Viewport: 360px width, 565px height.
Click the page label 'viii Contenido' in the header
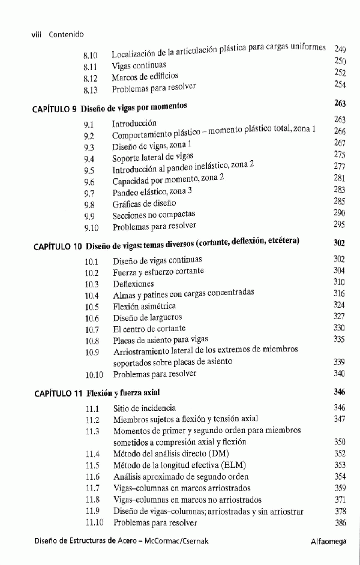pos(57,35)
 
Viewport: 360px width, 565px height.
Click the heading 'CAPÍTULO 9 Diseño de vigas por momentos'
pos(109,109)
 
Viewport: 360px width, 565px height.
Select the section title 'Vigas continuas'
pos(139,66)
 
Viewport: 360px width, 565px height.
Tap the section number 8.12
pos(90,78)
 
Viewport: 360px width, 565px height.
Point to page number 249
pos(340,49)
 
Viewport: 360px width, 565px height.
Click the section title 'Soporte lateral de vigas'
pos(148,159)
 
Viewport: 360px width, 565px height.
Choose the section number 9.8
pos(89,204)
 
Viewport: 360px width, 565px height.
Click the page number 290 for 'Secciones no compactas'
pos(339,213)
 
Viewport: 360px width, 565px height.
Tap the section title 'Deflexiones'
pos(133,284)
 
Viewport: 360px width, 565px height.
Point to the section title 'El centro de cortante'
pos(149,329)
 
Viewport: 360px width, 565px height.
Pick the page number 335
pos(339,339)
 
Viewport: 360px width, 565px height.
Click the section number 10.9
pos(92,352)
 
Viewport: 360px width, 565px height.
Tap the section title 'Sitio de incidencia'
pos(145,408)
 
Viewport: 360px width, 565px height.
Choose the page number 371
pos(340,499)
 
